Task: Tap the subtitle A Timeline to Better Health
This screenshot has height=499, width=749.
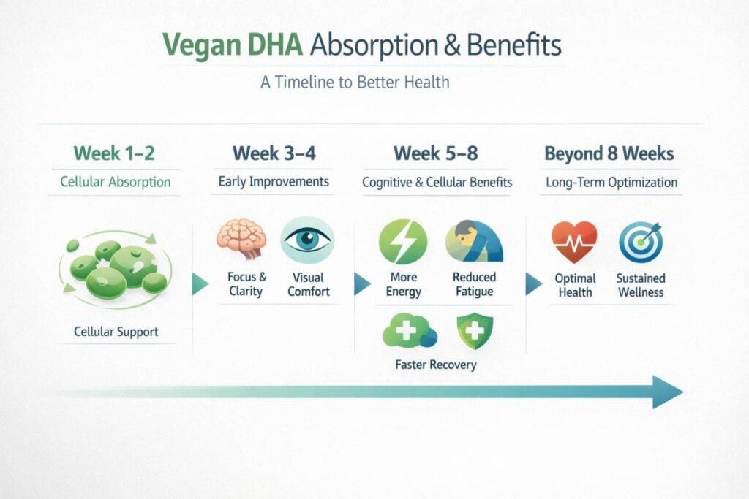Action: [x=355, y=82]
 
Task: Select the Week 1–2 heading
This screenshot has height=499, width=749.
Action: [x=113, y=153]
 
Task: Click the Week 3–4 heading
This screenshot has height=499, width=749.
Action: [x=274, y=153]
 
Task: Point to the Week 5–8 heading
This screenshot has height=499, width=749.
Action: [x=437, y=153]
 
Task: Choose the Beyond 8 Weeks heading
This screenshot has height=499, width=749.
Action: [x=609, y=153]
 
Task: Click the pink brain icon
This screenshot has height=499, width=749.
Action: [x=241, y=240]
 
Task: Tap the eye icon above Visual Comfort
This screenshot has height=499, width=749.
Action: [x=307, y=240]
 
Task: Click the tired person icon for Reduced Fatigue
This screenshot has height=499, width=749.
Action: [x=474, y=241]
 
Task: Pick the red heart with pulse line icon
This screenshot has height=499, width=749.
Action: [x=574, y=242]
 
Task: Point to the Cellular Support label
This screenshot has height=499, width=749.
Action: [x=116, y=332]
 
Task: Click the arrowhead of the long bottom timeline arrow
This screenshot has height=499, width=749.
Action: [x=667, y=392]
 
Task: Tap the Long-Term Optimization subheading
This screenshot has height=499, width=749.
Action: [x=611, y=183]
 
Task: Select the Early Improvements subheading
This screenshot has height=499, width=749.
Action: [x=274, y=182]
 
